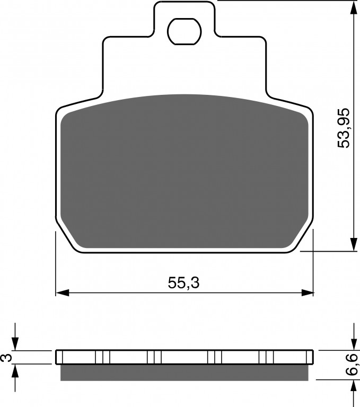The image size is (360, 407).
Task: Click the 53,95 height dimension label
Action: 344,128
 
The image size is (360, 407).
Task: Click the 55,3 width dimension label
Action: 183,282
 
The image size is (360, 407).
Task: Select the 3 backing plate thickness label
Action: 7,358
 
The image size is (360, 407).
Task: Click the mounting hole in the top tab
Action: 185,32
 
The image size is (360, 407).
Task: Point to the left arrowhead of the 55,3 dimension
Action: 63,293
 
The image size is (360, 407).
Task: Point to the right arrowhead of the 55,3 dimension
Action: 307,293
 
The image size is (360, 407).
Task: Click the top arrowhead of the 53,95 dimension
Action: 354,7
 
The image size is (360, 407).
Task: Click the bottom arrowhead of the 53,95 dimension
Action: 354,244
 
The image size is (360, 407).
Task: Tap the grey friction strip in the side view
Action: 184,373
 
